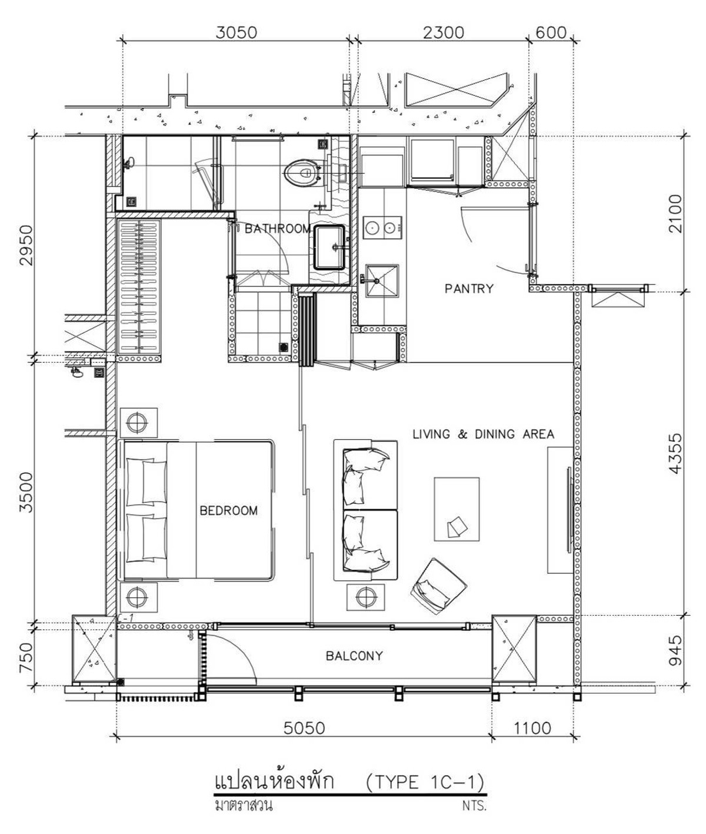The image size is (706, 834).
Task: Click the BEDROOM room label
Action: coord(228,511)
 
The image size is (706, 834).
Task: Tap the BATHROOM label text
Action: coord(278,229)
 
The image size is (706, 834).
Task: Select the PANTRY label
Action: coord(469,288)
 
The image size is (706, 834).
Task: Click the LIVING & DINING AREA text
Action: coord(483,434)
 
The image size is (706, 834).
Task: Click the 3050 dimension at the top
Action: coord(236,33)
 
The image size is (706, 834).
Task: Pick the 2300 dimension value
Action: coord(444,33)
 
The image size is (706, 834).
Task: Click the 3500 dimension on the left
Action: coord(27,492)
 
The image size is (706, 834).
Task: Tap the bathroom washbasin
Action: coord(329,247)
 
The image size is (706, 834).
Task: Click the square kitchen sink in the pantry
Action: coord(382,280)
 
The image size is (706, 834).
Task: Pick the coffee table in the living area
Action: coord(457,509)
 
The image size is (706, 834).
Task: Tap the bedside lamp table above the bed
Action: coord(138,423)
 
